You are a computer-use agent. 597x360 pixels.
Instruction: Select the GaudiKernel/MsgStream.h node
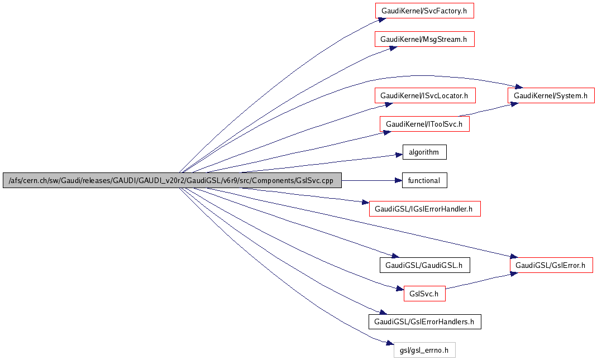point(424,39)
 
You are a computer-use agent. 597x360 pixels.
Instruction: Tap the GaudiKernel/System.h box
point(551,95)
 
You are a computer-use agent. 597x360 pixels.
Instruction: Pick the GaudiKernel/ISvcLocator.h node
point(424,95)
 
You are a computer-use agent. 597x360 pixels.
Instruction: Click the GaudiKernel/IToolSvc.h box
point(424,124)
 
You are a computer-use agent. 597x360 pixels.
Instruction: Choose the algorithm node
point(424,152)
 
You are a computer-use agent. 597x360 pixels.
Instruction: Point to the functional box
point(424,180)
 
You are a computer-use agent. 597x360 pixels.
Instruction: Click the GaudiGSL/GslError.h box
point(550,265)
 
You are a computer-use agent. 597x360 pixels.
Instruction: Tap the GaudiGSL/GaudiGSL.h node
point(424,265)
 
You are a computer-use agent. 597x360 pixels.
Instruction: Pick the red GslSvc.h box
point(424,293)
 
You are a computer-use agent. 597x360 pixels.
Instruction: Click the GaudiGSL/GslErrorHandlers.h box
point(424,321)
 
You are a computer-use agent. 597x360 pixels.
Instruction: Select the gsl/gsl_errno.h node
point(424,350)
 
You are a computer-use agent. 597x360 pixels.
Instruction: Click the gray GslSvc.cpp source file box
point(172,180)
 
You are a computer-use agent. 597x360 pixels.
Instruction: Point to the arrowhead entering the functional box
point(399,180)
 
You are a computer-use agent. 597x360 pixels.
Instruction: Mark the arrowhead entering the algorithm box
point(399,155)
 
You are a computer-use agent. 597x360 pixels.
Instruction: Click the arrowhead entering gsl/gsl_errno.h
point(390,346)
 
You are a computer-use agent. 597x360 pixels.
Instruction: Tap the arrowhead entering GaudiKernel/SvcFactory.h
point(381,18)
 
